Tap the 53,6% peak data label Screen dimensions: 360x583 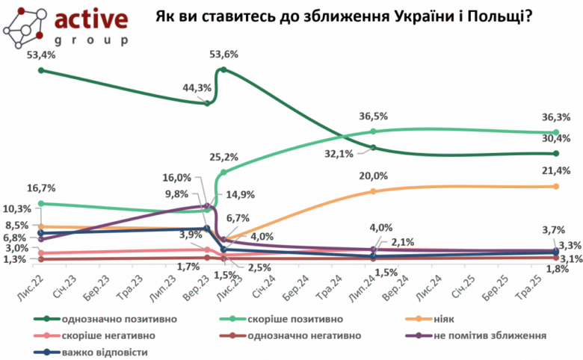tap(225, 55)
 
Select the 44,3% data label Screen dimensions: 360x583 tap(197, 87)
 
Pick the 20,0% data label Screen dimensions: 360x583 tap(373, 176)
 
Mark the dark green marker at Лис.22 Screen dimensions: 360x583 tap(41, 70)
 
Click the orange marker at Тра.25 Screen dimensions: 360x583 tap(556, 186)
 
